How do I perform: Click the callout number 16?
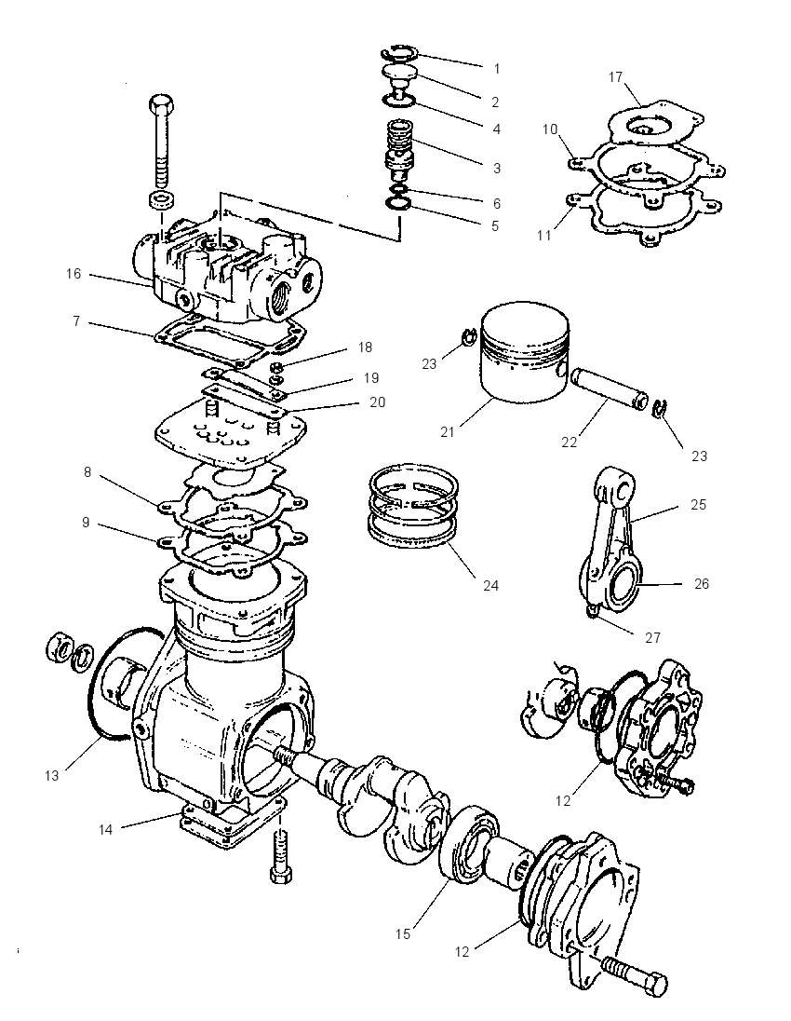(74, 274)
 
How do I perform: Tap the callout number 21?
(448, 431)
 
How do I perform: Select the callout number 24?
(490, 585)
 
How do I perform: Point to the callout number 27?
(652, 637)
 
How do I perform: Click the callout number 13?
(52, 775)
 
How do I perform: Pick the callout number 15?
(403, 933)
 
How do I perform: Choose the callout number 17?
(615, 77)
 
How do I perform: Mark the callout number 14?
(105, 829)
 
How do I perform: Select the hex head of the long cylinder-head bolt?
(161, 105)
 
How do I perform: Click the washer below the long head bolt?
(161, 200)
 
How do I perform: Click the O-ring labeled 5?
(398, 204)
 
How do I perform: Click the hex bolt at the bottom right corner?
(634, 973)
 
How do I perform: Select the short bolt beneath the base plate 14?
(280, 853)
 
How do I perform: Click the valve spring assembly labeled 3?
(398, 151)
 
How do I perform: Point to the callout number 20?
(377, 402)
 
